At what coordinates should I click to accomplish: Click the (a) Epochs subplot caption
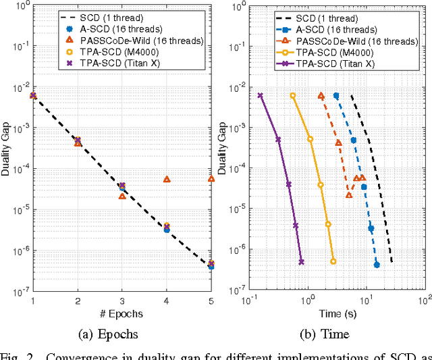point(123,334)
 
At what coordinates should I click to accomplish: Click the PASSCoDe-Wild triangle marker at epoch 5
point(211,179)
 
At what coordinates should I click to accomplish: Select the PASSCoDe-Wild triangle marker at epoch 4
point(167,180)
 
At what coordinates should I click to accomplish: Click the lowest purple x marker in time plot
point(301,261)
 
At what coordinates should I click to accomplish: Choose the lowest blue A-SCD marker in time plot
point(377,265)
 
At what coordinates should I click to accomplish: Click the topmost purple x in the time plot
point(261,95)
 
